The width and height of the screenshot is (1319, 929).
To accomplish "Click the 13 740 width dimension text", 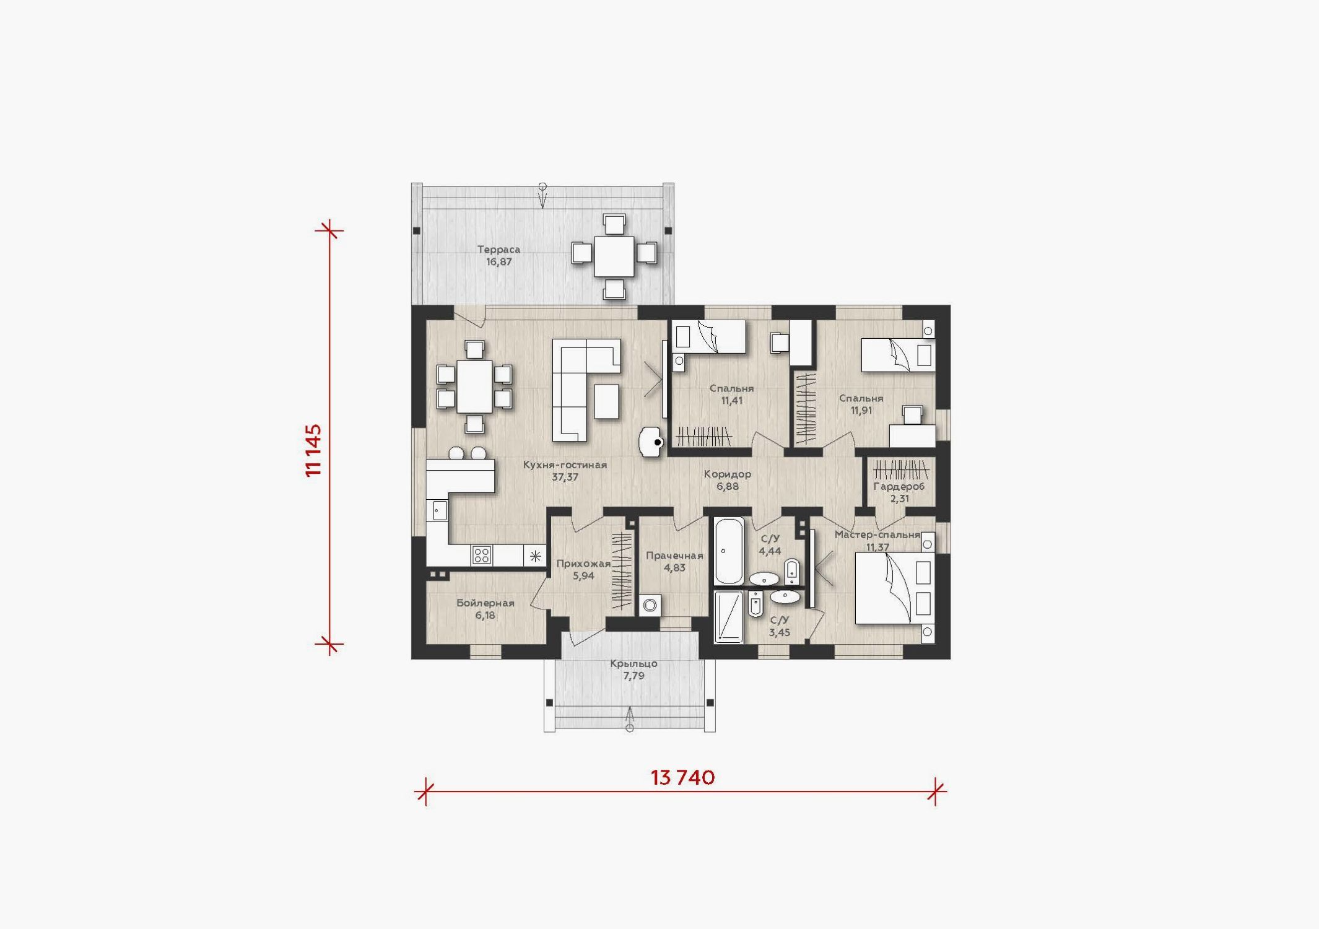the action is pos(682,777).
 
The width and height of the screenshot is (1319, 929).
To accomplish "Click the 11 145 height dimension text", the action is pos(314,450).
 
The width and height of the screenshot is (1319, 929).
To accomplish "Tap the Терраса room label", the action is pos(498,250).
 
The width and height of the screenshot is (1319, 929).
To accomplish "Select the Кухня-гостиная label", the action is pos(565,464).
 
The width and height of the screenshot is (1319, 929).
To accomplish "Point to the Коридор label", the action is pos(728,474).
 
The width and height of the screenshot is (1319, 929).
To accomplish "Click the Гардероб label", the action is pos(899,487).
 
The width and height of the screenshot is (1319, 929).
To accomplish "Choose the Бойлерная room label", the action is pos(485,603).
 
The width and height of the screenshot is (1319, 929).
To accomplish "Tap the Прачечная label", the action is pos(674,556).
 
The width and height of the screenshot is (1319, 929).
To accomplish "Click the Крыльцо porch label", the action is pos(633,664).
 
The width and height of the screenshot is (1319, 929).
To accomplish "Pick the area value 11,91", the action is pos(861,411).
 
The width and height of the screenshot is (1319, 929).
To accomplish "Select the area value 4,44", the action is pos(770,551).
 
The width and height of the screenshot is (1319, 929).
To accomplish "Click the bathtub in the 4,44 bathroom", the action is pos(729,551).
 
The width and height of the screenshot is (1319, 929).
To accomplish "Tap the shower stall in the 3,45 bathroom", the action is pos(729,617).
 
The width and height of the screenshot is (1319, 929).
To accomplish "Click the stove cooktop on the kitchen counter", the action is pos(481,555).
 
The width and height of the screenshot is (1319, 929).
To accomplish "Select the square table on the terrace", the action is pos(614,256).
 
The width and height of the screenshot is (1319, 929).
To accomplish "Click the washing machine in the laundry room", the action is pos(650,605).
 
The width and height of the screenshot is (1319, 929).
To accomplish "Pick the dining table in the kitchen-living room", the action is pos(474,386).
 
